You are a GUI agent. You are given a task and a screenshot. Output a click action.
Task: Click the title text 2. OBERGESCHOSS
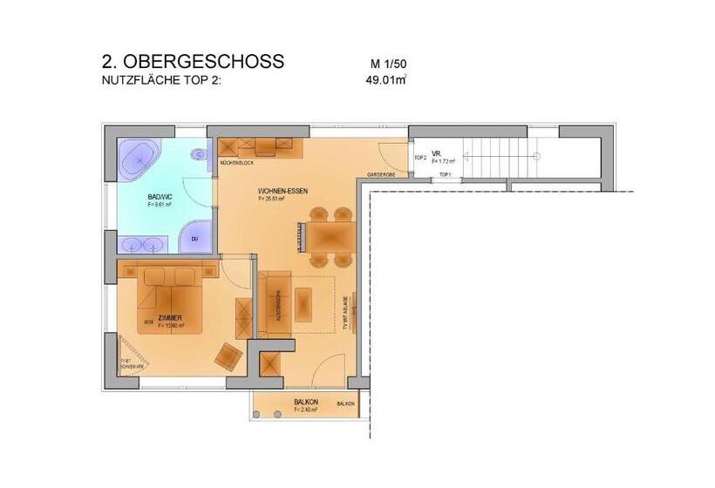click(192, 62)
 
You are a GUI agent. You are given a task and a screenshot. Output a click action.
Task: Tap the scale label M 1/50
click(389, 64)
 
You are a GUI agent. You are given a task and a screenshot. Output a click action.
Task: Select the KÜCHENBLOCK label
click(236, 164)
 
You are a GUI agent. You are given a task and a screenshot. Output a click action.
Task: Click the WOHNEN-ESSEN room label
click(283, 191)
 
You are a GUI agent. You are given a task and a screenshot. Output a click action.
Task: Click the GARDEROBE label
click(381, 174)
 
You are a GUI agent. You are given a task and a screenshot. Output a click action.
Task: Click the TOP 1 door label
click(445, 174)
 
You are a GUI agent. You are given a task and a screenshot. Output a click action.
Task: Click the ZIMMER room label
click(170, 318)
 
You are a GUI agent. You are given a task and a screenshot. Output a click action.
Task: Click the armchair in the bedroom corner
click(229, 356)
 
